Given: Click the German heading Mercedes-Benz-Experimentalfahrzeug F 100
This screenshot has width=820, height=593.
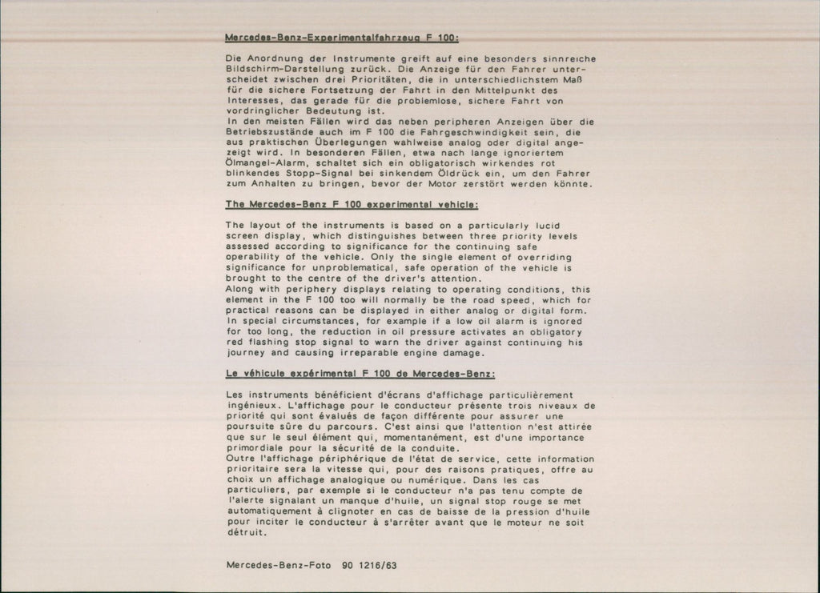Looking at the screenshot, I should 341,38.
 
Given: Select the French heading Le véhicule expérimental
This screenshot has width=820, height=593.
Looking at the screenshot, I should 360,374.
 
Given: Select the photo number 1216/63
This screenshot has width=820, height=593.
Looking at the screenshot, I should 380,564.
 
